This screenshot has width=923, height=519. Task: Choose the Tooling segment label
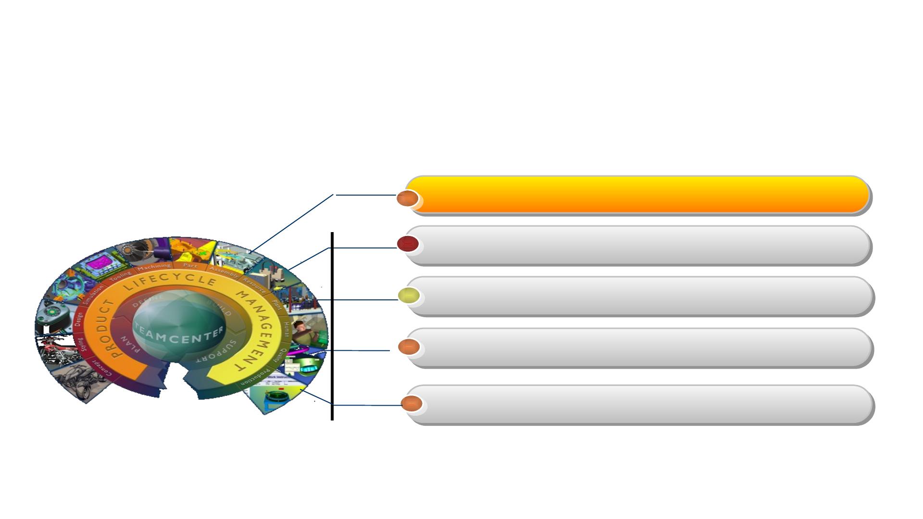pos(120,276)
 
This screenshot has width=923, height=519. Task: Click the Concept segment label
pos(101,368)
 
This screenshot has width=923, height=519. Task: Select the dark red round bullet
pos(408,244)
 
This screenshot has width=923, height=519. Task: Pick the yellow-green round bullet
pos(409,296)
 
